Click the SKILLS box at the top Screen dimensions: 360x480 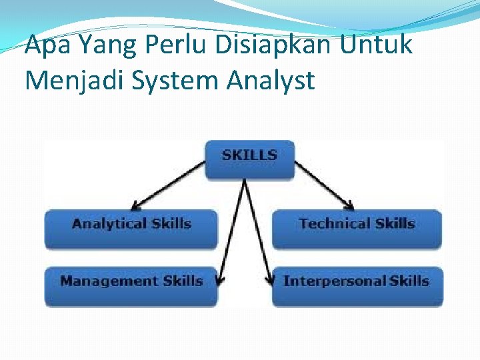[x=249, y=159]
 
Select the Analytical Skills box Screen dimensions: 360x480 [x=131, y=229]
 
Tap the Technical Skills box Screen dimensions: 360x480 [x=357, y=229]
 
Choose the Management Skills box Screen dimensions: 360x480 [x=131, y=286]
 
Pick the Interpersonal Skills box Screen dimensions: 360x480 [x=357, y=286]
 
